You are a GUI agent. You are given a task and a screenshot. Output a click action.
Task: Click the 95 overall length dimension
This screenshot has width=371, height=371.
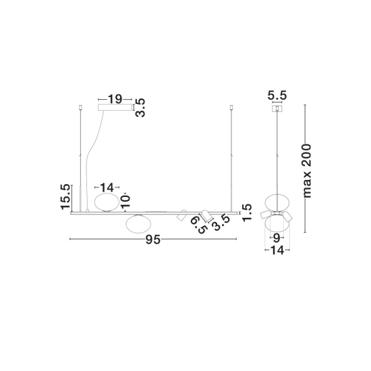point(153,239)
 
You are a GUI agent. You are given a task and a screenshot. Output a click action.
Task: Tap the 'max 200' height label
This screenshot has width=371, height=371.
point(308,171)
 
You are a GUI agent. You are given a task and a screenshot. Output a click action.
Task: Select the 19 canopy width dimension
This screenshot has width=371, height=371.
point(115,99)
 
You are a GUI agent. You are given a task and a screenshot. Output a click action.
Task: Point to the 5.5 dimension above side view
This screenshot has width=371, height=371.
point(277,95)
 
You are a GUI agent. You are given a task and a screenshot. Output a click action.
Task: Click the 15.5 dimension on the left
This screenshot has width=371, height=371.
point(65,196)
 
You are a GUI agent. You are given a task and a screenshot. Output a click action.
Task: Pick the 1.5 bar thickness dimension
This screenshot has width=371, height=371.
point(246,212)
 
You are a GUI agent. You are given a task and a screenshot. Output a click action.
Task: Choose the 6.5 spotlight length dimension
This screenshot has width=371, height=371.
point(198,225)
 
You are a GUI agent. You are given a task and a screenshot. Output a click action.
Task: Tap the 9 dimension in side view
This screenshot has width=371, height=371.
point(277,238)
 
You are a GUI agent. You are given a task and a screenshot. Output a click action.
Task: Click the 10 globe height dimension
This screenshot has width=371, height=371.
point(125,202)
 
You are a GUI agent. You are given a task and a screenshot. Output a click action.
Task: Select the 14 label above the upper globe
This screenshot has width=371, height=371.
point(107,188)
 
